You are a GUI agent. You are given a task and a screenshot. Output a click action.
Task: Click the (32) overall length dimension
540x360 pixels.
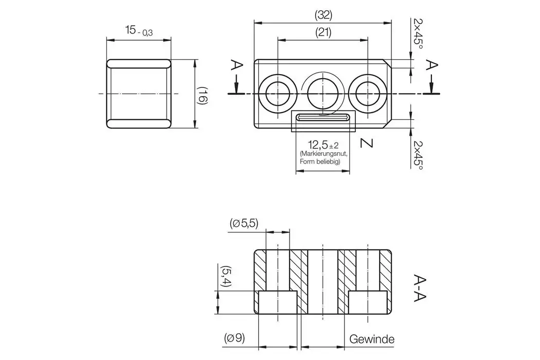coord(323,15)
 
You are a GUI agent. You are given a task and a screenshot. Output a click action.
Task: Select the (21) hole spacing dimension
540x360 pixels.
coord(323,32)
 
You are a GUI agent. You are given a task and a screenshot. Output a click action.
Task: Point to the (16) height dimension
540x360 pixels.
coord(203,96)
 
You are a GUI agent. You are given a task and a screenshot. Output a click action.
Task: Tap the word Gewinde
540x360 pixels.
coord(371,339)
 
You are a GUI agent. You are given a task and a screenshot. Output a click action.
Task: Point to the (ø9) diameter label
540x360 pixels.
coord(234,339)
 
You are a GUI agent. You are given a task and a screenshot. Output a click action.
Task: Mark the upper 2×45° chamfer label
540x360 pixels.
coord(418,33)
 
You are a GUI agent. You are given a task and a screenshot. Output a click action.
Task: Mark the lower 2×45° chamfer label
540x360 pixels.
coord(418,154)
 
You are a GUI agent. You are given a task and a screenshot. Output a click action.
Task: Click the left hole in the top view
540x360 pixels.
coord(278,94)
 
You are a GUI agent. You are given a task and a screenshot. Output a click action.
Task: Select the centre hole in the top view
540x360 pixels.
coord(322,94)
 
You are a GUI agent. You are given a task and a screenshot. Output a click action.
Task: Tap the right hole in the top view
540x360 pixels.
coord(367,94)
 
